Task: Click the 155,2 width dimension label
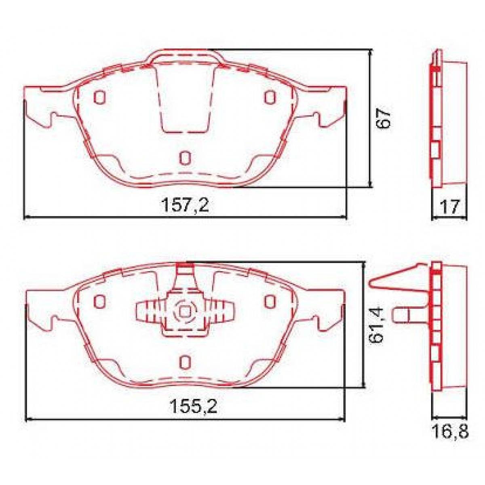click(193, 407)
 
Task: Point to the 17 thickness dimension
click(449, 207)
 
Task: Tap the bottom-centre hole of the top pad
click(185, 158)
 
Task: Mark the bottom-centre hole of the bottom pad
click(185, 361)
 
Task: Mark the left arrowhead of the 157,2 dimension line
click(27, 217)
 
